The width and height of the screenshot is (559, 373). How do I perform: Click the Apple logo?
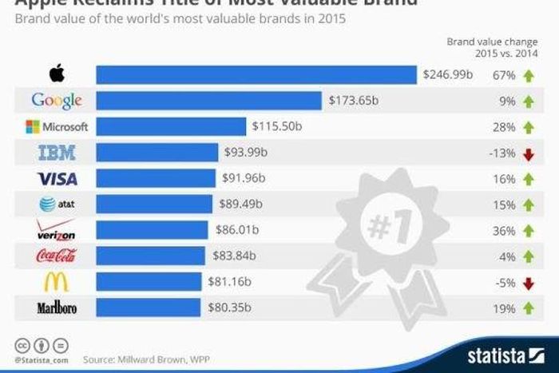point(56,74)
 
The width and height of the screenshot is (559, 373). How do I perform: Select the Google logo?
point(57,101)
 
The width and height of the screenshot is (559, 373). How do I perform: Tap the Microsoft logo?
point(57,127)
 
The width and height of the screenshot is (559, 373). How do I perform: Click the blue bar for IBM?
point(157,153)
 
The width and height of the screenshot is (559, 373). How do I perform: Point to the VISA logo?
point(57,179)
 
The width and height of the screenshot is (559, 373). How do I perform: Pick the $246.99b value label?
point(450,75)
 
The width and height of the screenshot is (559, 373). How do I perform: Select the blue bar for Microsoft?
point(171,127)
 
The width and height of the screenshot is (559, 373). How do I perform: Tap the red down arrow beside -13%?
point(527,153)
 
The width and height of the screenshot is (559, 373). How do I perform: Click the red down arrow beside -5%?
point(527,283)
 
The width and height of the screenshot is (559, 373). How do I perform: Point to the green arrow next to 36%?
point(527,231)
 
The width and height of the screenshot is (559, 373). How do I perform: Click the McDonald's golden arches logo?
point(57,282)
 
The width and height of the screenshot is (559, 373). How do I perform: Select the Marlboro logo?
point(57,308)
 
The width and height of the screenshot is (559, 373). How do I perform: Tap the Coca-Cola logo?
point(57,256)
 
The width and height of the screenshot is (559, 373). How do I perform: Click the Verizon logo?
point(57,230)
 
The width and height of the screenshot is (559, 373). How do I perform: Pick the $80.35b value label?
point(230,308)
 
